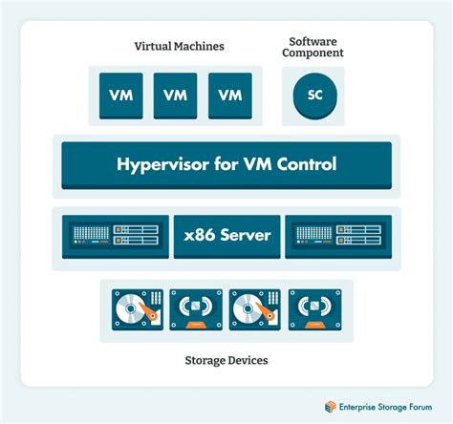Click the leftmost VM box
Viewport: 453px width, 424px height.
tap(121, 95)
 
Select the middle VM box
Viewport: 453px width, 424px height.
tap(176, 95)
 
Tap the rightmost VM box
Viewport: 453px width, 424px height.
tap(230, 95)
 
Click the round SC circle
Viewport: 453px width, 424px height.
tap(314, 96)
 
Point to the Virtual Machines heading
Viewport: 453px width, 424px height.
tap(179, 46)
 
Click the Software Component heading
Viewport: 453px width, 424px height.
tap(313, 47)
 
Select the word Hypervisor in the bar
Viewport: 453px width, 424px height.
tap(162, 164)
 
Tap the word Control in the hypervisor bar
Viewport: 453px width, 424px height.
tap(307, 164)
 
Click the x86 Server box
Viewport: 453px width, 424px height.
tap(227, 237)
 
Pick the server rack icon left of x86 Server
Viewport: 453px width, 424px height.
tap(116, 237)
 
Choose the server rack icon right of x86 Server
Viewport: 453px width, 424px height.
tap(338, 237)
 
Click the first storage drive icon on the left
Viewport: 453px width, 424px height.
tap(138, 309)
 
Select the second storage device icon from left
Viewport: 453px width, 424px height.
tap(196, 309)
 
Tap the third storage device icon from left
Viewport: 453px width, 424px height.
tap(255, 309)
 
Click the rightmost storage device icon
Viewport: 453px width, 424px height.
tap(315, 309)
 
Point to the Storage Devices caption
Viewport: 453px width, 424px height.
tap(226, 360)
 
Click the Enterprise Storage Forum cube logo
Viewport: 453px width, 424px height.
tap(331, 407)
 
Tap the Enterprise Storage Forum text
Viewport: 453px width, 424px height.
tap(385, 407)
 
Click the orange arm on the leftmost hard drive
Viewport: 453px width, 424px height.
tap(148, 311)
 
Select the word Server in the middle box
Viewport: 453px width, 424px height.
tap(246, 235)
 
